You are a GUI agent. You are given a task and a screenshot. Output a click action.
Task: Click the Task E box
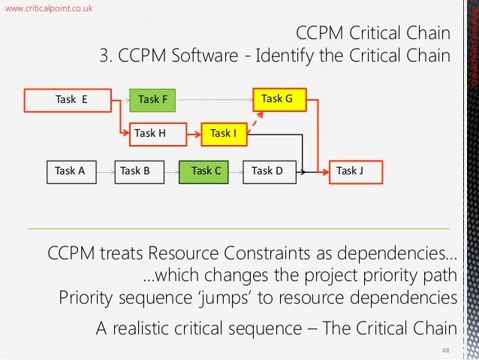[71, 98]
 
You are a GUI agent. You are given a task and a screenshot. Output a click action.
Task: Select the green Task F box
[153, 98]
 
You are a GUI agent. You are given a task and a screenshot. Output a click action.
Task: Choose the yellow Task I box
[224, 133]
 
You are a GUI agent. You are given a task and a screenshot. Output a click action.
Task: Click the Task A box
[71, 171]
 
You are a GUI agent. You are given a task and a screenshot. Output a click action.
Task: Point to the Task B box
[136, 171]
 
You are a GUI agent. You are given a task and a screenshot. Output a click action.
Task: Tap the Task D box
[267, 171]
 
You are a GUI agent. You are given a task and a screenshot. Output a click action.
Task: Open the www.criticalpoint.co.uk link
[50, 8]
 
